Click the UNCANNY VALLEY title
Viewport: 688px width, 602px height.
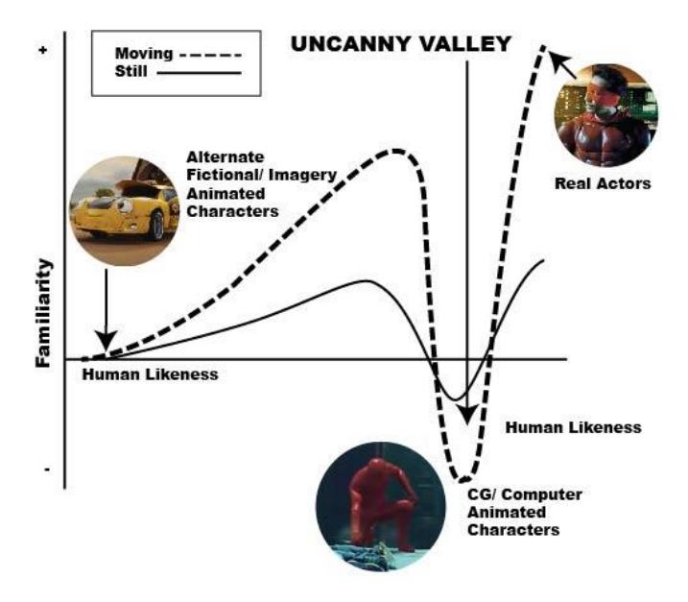pos(401,44)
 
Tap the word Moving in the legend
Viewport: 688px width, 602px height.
pos(144,54)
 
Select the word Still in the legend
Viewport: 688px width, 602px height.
pos(130,71)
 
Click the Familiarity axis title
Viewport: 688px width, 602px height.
pos(43,313)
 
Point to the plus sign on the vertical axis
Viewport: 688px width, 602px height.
pos(43,50)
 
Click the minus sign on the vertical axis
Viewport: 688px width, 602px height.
pos(47,470)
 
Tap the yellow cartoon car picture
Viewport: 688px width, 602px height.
pos(125,211)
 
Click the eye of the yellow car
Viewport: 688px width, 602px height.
pos(125,205)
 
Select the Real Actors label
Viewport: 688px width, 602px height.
pos(603,183)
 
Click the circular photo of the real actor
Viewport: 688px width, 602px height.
pos(606,115)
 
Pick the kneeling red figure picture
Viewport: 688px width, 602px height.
pos(381,506)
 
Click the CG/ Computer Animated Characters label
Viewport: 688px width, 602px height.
pos(524,512)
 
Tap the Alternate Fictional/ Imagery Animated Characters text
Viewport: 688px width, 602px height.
pos(261,184)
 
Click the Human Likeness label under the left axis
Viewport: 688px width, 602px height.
pos(150,374)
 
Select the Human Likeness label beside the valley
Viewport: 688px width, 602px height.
pos(573,427)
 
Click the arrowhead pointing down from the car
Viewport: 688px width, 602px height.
pos(107,341)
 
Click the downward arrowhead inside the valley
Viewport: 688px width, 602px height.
pos(467,415)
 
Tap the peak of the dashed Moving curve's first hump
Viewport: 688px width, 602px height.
pos(396,151)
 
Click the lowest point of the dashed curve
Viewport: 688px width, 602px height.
pos(463,479)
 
